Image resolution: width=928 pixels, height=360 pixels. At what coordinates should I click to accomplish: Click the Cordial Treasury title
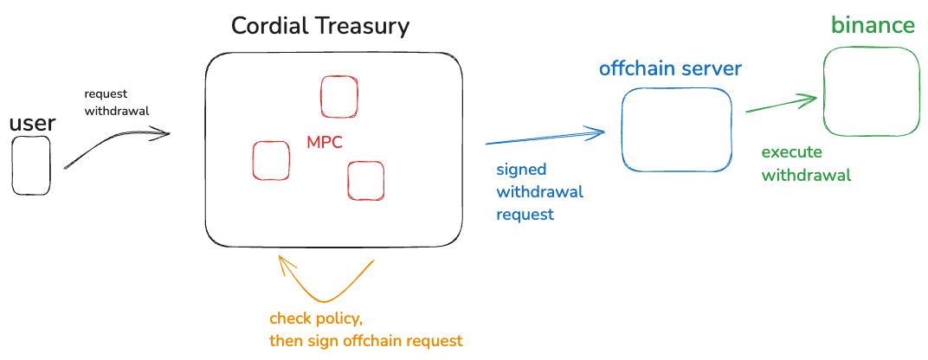pos(320,26)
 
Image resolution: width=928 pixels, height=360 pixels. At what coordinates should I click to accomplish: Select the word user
pos(32,124)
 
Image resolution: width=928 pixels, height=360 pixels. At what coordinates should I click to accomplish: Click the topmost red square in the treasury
pos(338,96)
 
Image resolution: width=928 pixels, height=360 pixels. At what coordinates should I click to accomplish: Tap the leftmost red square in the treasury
pos(271,160)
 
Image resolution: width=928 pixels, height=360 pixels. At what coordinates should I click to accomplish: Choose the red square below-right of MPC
pos(365,180)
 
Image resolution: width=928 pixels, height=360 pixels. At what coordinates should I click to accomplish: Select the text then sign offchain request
pos(365,340)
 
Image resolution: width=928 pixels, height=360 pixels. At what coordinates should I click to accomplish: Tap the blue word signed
pos(520,170)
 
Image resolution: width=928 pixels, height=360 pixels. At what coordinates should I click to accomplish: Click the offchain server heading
pos(671,67)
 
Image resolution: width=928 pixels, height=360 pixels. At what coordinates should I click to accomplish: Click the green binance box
pos(872,92)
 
